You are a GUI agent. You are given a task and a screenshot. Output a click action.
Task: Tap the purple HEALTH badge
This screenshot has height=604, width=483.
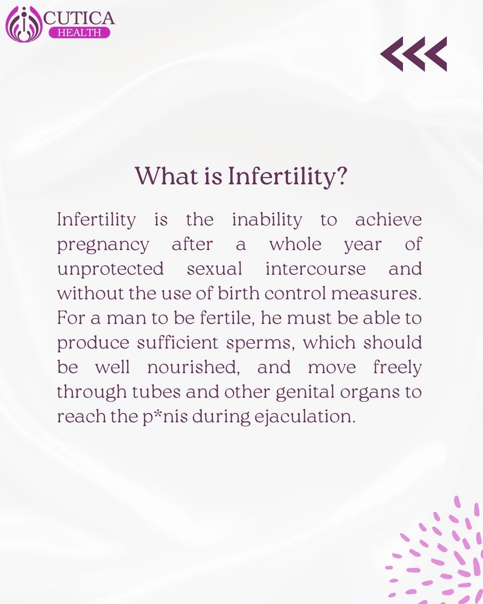tap(79, 32)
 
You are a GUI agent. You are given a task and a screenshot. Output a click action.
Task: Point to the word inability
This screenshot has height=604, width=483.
tap(267, 220)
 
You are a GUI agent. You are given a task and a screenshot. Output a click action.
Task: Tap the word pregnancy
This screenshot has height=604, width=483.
tap(103, 245)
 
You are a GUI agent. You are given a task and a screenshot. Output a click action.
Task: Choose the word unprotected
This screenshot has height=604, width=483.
tap(110, 269)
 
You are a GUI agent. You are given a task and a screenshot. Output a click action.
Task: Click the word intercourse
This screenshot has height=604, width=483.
tap(316, 268)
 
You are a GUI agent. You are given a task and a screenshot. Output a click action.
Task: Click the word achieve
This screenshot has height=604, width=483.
tap(388, 220)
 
